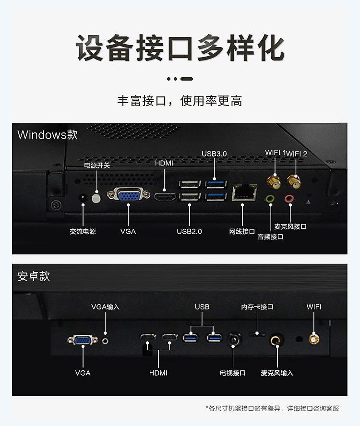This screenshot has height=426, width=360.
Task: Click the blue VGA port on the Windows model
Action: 128,195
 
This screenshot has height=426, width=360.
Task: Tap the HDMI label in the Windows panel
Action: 164,163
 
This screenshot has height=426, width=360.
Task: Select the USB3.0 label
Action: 214,154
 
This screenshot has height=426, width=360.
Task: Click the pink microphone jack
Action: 289,198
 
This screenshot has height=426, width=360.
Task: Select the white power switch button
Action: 96,198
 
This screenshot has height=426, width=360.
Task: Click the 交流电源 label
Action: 83,231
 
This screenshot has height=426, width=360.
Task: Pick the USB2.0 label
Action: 189,231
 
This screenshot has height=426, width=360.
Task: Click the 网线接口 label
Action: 241,231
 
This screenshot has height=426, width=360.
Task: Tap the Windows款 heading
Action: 48,135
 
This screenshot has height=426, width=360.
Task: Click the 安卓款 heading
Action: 34,276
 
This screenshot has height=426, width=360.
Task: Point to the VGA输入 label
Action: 105,307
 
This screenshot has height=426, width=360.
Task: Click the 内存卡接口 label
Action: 257,307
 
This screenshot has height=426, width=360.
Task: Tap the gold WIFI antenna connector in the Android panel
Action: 314,339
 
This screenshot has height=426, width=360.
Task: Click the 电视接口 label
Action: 233,373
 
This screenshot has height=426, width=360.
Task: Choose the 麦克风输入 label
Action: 277,373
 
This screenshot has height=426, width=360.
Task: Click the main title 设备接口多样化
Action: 180,47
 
